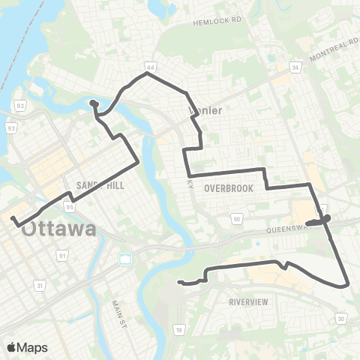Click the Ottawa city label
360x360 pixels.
(x=58, y=229)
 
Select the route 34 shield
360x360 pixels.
(x=296, y=67)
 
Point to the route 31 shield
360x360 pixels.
(x=40, y=285)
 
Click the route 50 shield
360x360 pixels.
(x=237, y=219)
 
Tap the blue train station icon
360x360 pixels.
(x=125, y=259)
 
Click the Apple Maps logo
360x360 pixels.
(x=27, y=346)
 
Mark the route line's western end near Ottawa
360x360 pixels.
(x=13, y=217)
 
